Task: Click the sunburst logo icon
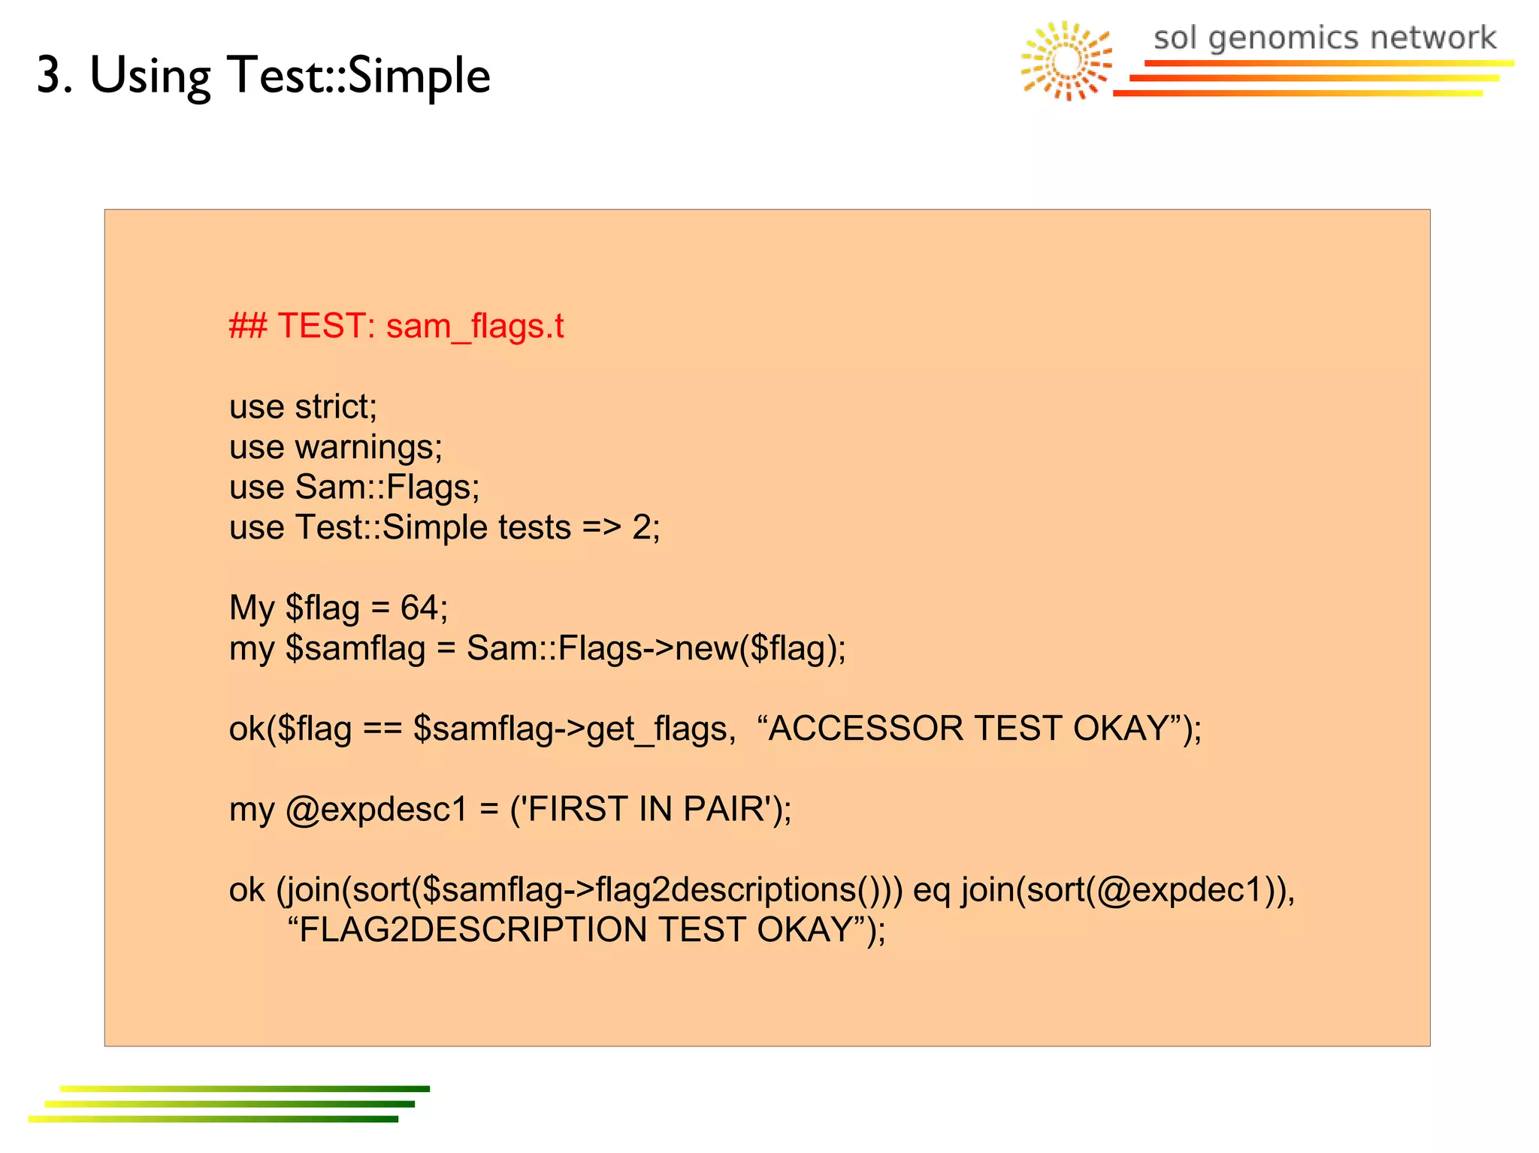[1066, 61]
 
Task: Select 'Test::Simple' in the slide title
[359, 76]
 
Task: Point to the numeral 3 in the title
[50, 76]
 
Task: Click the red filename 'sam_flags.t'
[475, 327]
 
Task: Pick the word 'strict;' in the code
[336, 406]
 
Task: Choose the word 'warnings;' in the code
[369, 447]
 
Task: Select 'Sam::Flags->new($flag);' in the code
[656, 647]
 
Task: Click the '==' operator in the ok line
[382, 729]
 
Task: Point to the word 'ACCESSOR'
[866, 728]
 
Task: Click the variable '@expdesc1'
[376, 810]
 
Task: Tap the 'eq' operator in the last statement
[932, 890]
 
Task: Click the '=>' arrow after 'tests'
[601, 527]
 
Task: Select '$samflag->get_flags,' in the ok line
[575, 729]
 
